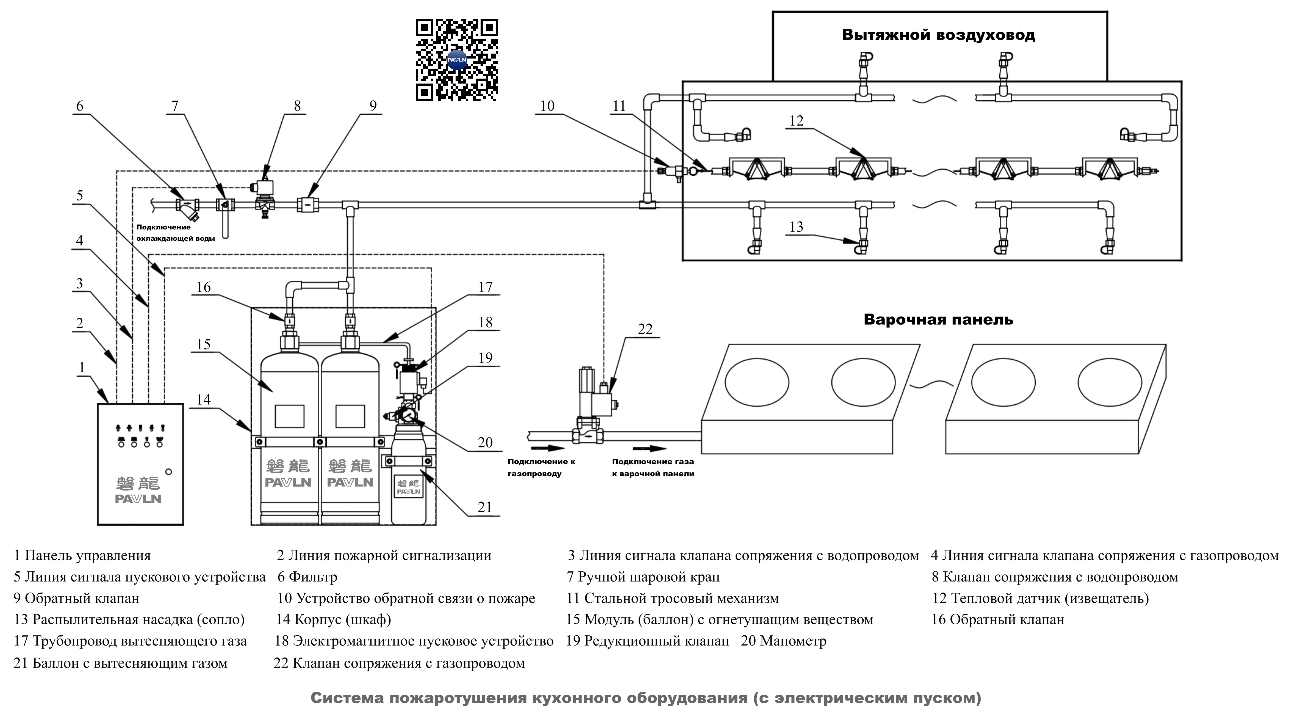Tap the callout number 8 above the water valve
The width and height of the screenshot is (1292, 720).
[x=297, y=106]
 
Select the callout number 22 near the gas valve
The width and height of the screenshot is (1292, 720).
[x=645, y=329]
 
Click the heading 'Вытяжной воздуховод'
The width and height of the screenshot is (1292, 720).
[x=938, y=35]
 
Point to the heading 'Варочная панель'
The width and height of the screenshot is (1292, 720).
[x=938, y=320]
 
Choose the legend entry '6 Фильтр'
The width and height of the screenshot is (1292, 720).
[x=307, y=577]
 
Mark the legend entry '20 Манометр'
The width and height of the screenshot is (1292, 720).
[x=783, y=641]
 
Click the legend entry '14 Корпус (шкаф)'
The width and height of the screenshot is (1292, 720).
[x=333, y=620]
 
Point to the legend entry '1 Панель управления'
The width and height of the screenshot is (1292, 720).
[x=82, y=555]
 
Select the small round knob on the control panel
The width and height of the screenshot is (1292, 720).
[x=168, y=472]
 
